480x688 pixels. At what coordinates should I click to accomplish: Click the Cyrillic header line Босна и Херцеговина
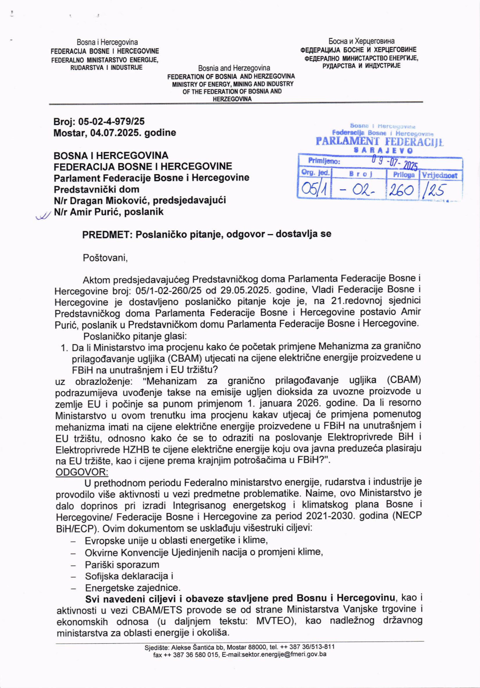pos(361,41)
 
